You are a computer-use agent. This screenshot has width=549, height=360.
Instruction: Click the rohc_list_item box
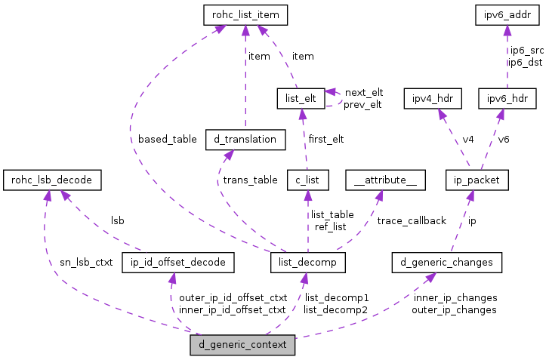[x=246, y=14]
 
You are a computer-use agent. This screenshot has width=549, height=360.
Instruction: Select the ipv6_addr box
[x=507, y=14]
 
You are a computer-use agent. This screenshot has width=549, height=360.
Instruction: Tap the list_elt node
[x=301, y=98]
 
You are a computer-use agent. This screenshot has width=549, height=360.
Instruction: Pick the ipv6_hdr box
[x=507, y=98]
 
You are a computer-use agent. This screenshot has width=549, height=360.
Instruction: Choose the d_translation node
[x=245, y=140]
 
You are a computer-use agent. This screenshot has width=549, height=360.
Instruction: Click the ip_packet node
[x=477, y=180]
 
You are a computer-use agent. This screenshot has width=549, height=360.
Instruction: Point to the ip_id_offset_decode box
[x=178, y=263]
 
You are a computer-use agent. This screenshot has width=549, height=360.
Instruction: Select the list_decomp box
[x=307, y=263]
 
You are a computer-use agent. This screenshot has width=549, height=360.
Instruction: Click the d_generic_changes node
[x=447, y=263]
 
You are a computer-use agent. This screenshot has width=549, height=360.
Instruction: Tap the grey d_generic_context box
[x=242, y=346]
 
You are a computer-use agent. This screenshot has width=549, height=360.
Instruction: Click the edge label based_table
[x=168, y=140]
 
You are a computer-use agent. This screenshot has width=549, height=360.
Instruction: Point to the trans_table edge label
[x=249, y=180]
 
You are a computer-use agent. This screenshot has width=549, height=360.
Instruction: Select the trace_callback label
[x=412, y=221]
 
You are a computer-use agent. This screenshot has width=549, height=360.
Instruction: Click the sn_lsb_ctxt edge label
[x=86, y=263]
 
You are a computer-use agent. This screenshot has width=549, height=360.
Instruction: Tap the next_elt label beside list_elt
[x=364, y=92]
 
